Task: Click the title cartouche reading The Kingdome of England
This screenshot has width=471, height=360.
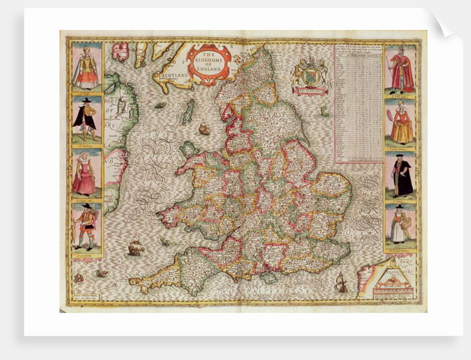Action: coord(209,64)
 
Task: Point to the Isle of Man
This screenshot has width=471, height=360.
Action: coord(188,111)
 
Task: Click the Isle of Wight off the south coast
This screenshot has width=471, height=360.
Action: coord(270,276)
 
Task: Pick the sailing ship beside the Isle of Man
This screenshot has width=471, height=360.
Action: coord(204,129)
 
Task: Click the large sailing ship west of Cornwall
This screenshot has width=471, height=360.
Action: coord(136,245)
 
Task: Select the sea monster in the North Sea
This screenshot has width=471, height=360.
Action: coord(325,111)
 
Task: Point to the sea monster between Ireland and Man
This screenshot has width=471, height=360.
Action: coord(161,105)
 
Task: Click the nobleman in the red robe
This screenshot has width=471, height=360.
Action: coord(401,69)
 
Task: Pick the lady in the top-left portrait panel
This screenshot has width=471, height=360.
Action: coord(86,68)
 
